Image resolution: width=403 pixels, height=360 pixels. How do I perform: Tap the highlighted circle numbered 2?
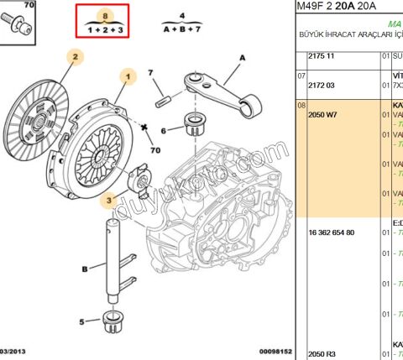75,57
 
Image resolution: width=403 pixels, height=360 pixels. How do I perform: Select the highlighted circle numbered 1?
129,76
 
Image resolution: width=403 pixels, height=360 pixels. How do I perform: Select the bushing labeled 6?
196,125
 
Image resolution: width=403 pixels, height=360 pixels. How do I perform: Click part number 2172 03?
322,85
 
